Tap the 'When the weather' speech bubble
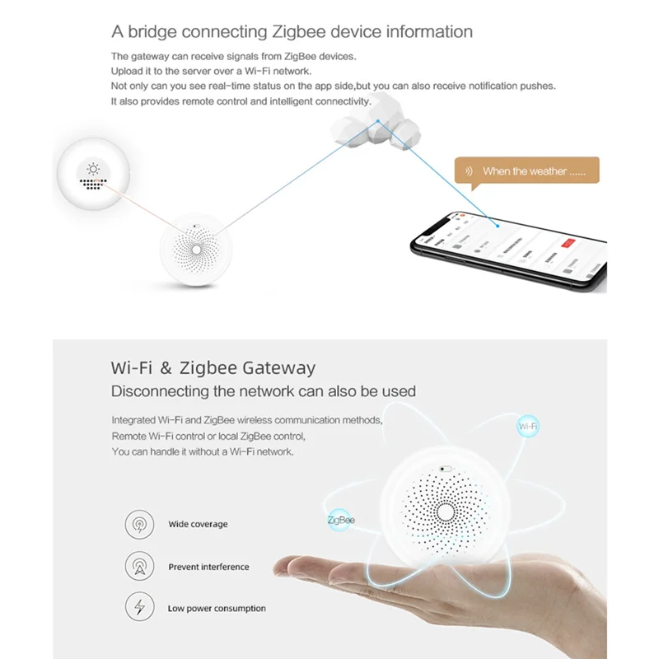pos(526,171)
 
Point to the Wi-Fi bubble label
pos(528,427)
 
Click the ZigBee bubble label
pos(340,520)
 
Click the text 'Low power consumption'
pos(217,609)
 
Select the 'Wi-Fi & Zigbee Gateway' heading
pos(213,367)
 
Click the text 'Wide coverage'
pos(198,524)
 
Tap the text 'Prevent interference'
pos(208,567)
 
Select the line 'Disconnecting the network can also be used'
pos(264,390)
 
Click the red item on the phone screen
pos(567,243)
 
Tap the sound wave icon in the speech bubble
pos(470,171)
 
